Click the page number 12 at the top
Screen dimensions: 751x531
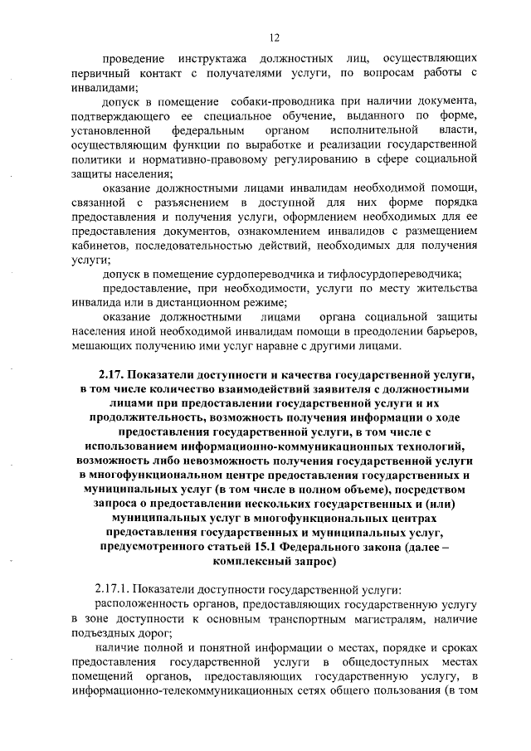click(275, 37)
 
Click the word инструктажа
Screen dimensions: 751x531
click(209, 60)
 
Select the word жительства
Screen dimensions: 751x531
click(445, 288)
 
